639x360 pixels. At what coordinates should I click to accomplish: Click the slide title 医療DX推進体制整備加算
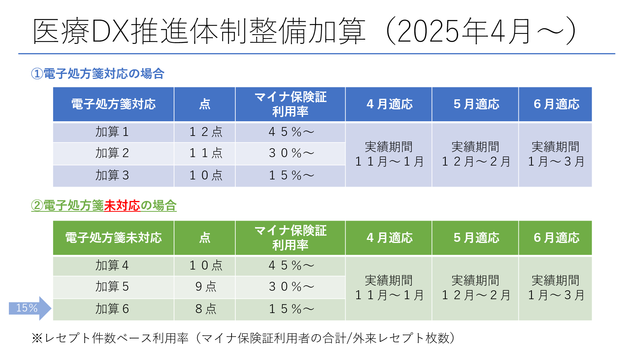(198, 31)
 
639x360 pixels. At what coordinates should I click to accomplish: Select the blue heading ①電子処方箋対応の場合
(98, 74)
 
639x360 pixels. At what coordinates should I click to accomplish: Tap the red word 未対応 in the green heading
(122, 206)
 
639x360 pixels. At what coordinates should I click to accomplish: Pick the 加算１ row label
(112, 132)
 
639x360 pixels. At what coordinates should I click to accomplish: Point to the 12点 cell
(205, 132)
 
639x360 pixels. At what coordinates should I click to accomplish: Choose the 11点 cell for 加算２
(205, 153)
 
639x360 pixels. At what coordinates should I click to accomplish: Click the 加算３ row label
(112, 176)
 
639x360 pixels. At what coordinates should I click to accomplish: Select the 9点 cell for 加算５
(205, 287)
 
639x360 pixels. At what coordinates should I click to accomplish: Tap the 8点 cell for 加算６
(205, 309)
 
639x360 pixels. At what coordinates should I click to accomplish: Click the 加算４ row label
(112, 266)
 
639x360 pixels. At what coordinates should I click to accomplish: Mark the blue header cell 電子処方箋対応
(113, 104)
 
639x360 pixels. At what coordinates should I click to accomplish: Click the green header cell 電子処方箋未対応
(113, 238)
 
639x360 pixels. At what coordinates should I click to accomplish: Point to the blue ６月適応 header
(556, 104)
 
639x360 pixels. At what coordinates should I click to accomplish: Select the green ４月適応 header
(389, 238)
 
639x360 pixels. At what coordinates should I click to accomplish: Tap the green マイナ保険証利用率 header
(290, 238)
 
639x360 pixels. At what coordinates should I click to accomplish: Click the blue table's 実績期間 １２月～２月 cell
(475, 154)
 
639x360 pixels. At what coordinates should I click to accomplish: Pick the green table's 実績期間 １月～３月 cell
(555, 288)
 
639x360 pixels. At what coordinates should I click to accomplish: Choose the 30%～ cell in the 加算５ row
(291, 287)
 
